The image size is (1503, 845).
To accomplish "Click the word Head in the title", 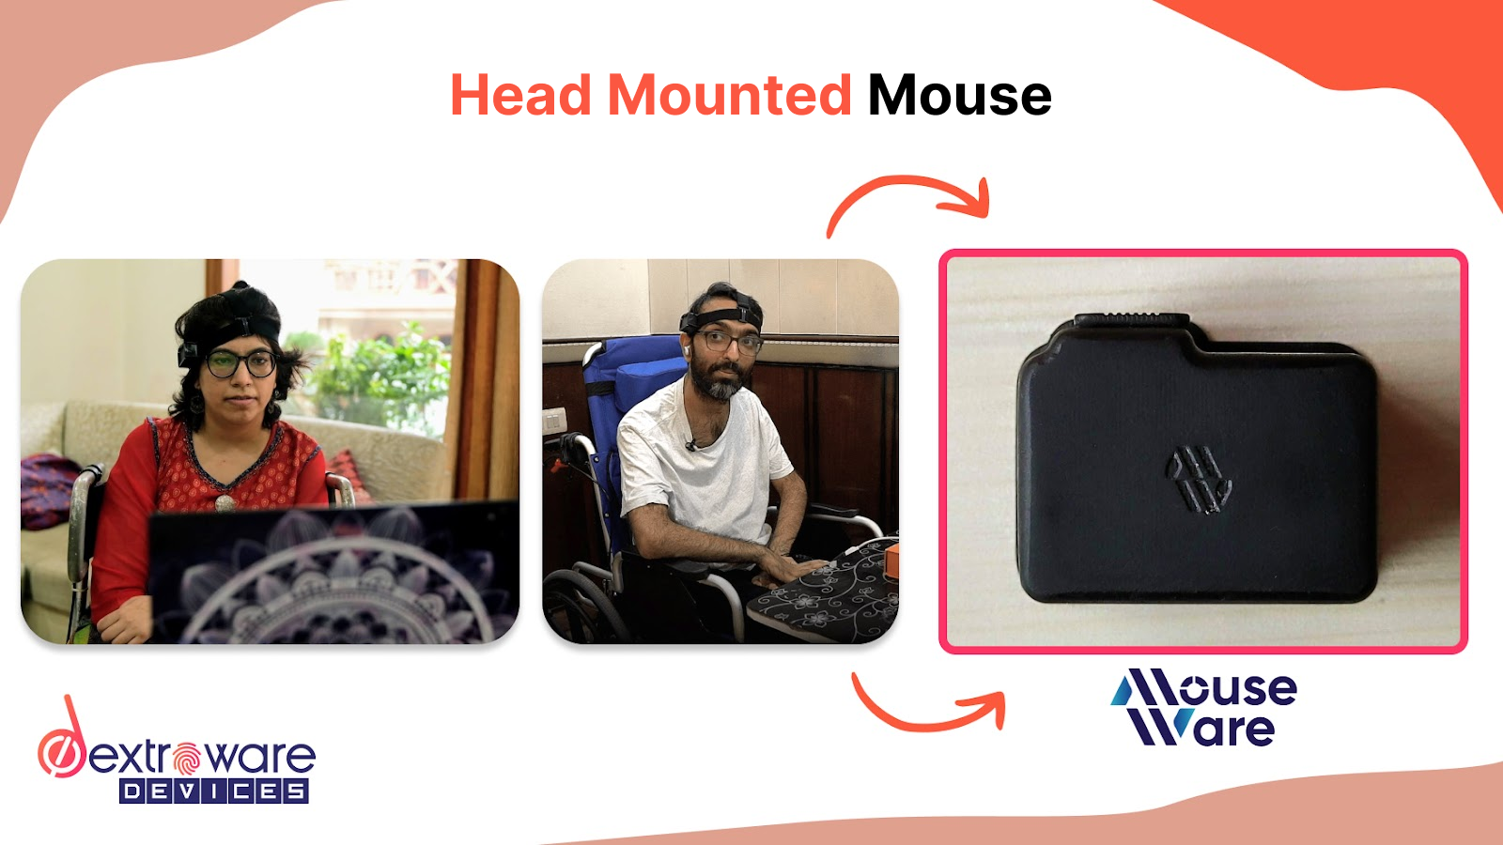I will tap(521, 96).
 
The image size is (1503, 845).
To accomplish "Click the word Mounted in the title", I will tap(729, 96).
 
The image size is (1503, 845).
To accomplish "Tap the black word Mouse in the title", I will tap(959, 96).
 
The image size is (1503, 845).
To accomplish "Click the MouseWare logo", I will tap(1203, 708).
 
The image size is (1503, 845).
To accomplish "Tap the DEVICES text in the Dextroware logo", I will tap(214, 791).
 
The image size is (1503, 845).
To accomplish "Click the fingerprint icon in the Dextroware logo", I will tap(187, 757).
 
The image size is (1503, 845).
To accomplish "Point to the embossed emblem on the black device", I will tap(1199, 480).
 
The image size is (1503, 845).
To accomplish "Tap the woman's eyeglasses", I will tap(240, 362).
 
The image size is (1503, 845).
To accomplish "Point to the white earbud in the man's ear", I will tap(687, 348).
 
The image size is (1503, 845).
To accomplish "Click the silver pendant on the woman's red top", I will tap(225, 502).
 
